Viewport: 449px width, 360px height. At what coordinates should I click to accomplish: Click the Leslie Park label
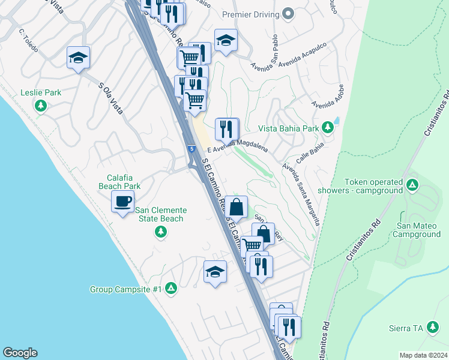tap(41, 93)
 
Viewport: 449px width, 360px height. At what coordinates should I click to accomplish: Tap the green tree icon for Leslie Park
tap(41, 107)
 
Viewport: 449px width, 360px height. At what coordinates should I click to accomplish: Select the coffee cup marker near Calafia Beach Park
tap(123, 202)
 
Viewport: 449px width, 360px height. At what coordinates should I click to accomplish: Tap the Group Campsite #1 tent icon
tap(171, 289)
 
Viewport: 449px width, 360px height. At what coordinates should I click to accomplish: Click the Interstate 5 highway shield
tap(191, 148)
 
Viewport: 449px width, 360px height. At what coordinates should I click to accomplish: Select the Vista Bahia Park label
tap(288, 128)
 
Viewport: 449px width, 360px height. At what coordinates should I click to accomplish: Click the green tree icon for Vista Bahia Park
tap(327, 127)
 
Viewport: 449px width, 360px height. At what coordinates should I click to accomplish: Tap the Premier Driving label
tap(250, 14)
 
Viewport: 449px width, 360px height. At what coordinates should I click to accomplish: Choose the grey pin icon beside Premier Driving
tap(288, 14)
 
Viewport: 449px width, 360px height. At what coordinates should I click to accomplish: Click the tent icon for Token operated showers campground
tap(412, 185)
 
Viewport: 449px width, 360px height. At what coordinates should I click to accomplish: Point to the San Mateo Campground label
tap(418, 230)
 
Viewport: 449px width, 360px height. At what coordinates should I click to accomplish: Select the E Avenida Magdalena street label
tap(237, 146)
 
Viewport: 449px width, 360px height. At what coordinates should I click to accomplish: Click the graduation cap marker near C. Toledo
tap(78, 58)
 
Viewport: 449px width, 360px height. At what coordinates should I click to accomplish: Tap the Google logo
tap(20, 353)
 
